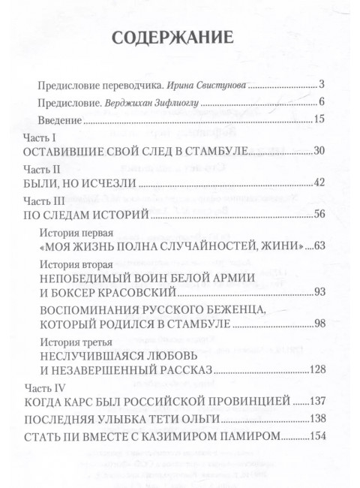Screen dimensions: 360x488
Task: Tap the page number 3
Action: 320,83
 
